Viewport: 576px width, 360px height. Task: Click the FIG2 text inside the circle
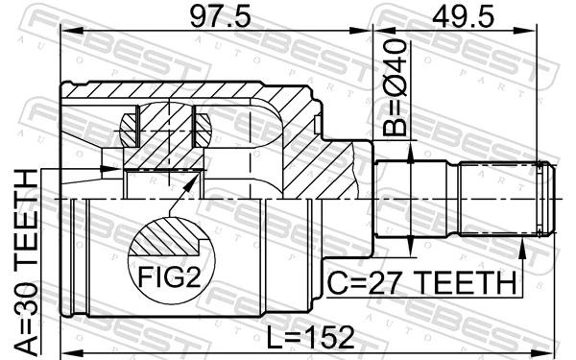coord(168,278)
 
